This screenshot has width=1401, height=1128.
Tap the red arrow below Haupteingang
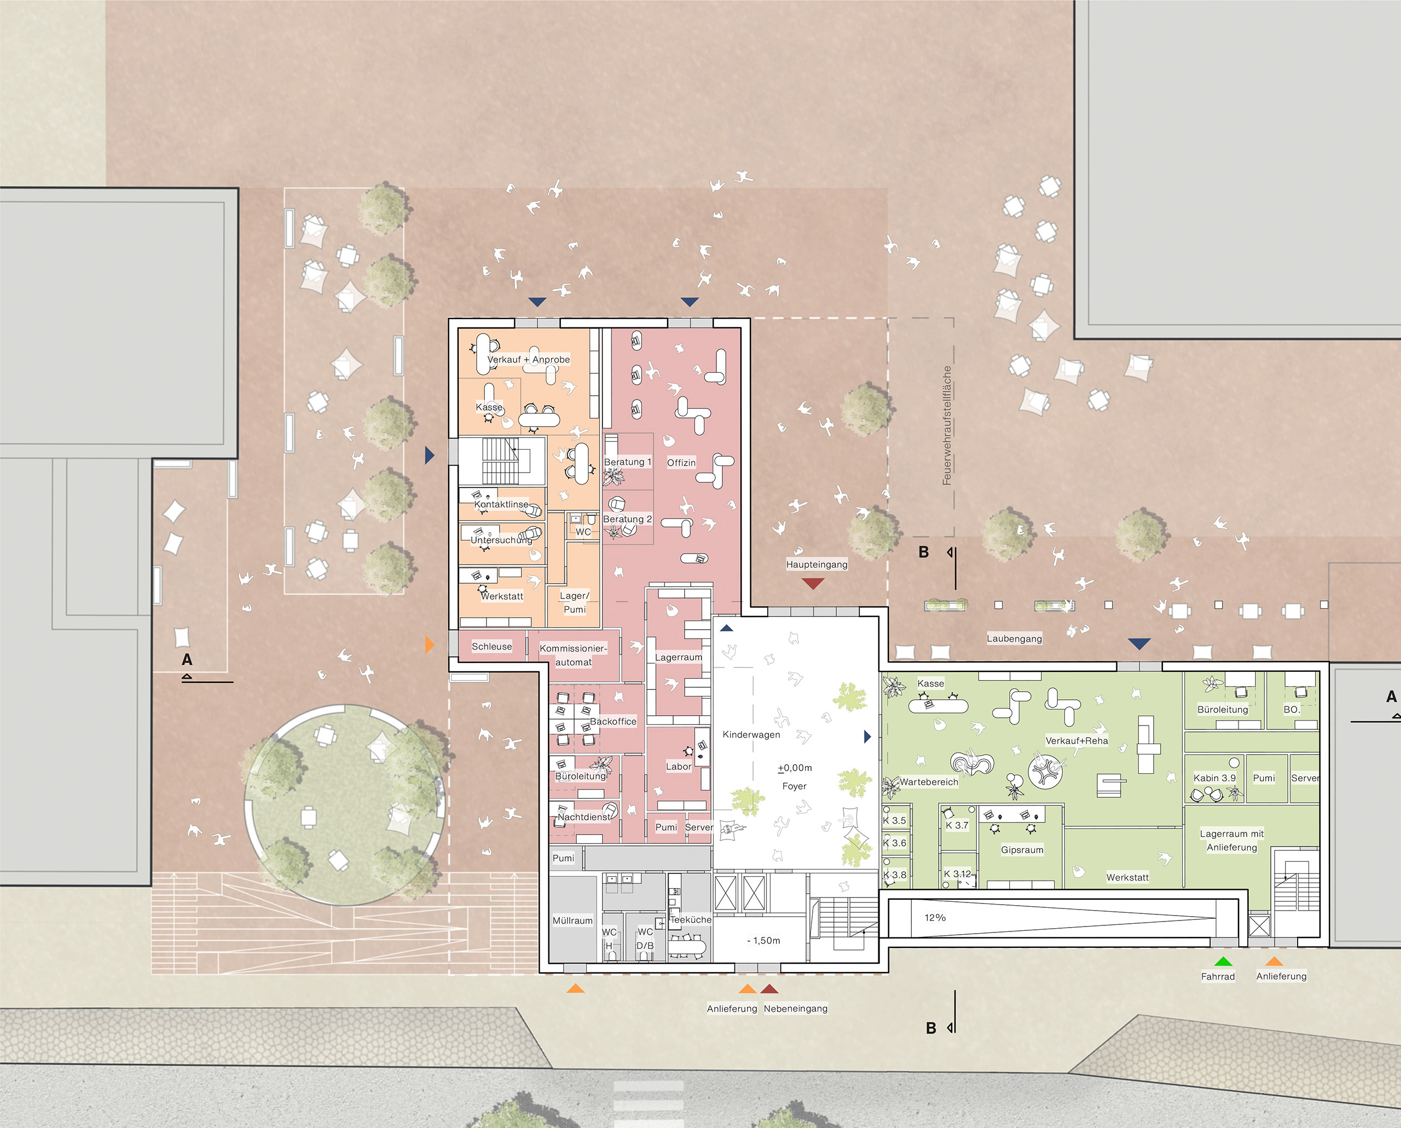(813, 583)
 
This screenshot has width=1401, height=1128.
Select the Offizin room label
(681, 463)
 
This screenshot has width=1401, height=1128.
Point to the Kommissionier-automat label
(573, 655)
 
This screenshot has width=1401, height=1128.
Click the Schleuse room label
(491, 646)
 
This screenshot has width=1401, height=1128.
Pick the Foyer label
(794, 786)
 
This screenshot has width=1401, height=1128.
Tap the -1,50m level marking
(763, 941)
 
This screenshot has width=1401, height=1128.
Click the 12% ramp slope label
(935, 917)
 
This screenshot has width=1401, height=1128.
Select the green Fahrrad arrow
(1223, 961)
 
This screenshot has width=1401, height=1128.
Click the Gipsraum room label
(1022, 850)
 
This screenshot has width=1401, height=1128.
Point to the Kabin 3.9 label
(1214, 778)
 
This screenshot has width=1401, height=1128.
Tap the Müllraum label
(572, 920)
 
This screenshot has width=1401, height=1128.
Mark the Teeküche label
(690, 920)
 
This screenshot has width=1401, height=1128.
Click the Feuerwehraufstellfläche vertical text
(947, 425)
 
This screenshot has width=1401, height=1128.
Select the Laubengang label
(1015, 638)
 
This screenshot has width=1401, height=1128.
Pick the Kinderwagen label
(751, 735)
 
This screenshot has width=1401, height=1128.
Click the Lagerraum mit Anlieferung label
(1231, 841)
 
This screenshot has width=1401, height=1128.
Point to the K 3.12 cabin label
(957, 874)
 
